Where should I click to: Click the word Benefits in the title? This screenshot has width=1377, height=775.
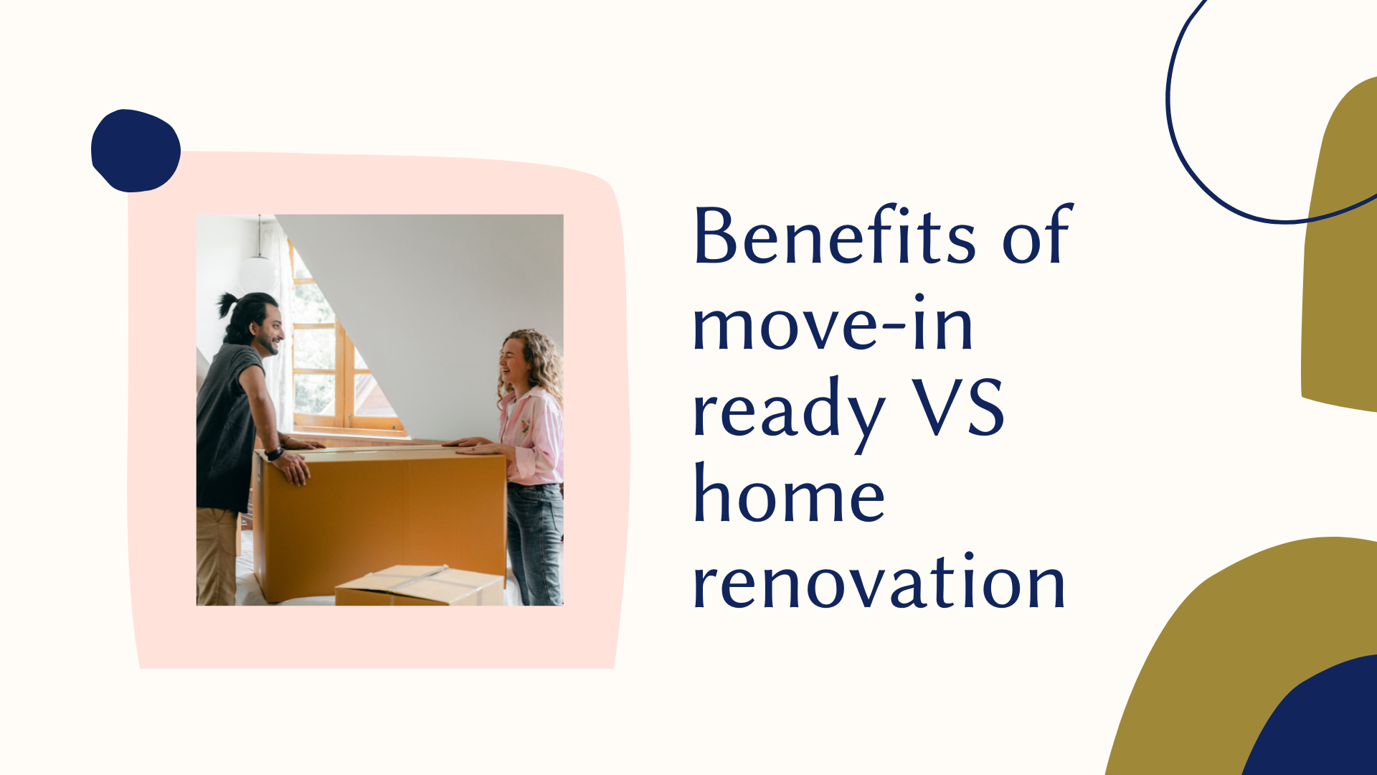pos(835,235)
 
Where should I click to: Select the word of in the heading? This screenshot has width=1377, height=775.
pos(1037,235)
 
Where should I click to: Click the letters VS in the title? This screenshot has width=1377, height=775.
pos(958,407)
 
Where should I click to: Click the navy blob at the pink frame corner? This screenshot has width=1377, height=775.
pos(136,151)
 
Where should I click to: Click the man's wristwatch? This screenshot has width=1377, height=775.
pos(275,453)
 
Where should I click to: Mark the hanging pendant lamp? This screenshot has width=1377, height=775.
pos(258,270)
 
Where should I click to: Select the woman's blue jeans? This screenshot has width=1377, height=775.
pos(535,543)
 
